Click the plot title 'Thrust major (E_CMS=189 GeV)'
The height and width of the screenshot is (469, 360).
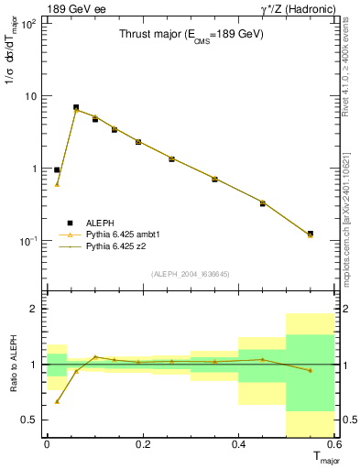tap(191, 35)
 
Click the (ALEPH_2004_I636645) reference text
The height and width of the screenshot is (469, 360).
tap(189, 274)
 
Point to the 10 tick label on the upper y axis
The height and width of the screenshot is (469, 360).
tap(31, 96)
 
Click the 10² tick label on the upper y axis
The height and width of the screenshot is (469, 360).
tap(29, 23)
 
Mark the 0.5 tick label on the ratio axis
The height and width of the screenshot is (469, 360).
tap(29, 420)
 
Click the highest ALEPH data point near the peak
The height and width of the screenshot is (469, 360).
tap(76, 107)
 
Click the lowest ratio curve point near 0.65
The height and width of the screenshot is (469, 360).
tap(57, 401)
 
